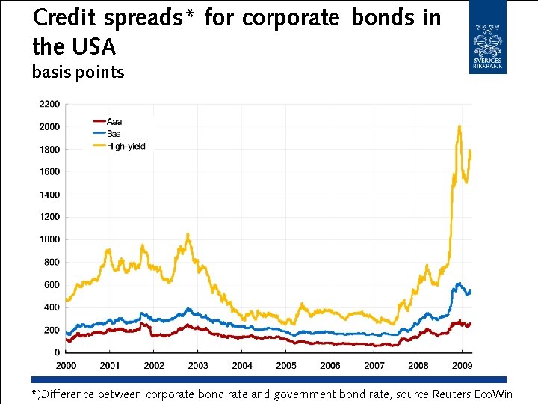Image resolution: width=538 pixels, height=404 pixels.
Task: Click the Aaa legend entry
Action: point(114,121)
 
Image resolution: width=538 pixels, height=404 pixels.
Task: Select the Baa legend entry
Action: point(114,133)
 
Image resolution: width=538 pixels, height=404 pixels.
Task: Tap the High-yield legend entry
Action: point(126,146)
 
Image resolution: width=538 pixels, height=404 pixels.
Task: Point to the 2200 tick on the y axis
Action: point(49,104)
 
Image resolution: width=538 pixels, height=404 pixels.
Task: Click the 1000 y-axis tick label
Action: point(49,240)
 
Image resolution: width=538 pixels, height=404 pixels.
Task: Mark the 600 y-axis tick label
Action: point(52,285)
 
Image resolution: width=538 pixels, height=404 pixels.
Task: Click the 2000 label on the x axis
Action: point(66,366)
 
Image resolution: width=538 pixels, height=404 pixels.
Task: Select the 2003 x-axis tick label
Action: point(198,366)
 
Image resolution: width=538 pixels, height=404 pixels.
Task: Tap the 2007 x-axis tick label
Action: point(374,366)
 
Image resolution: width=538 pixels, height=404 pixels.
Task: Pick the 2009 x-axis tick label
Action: point(462,366)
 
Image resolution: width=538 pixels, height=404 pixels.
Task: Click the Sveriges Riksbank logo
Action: point(487,37)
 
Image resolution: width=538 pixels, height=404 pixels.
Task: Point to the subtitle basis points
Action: point(78,73)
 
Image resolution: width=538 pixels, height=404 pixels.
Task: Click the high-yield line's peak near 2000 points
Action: point(459,126)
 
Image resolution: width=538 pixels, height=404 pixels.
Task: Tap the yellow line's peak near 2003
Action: point(188,234)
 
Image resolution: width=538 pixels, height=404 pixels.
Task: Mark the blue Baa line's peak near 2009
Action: point(459,283)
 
